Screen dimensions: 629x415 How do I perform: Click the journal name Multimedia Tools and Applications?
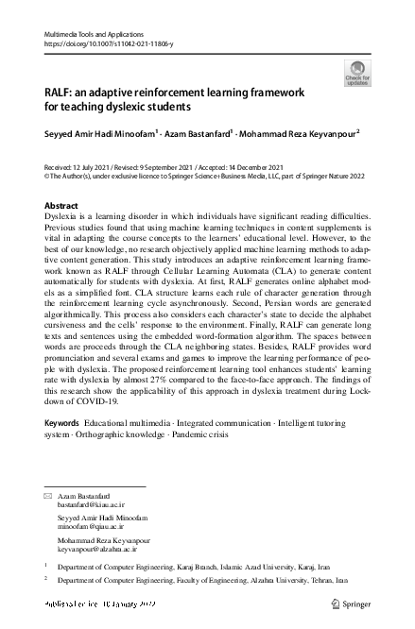[94, 33]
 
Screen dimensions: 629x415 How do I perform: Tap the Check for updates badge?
[357, 73]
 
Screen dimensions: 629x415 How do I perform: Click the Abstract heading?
[62, 206]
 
